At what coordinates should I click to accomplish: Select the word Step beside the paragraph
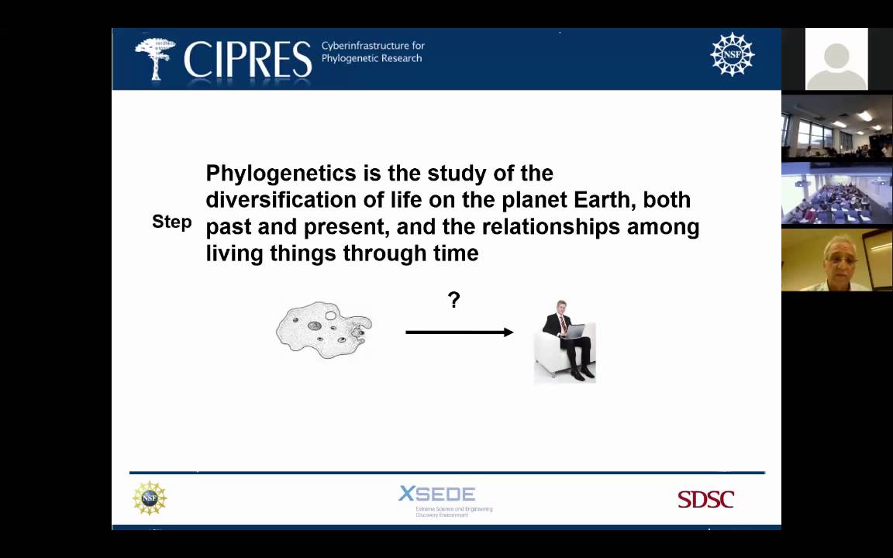pyautogui.click(x=171, y=222)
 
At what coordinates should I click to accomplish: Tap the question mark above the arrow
pyautogui.click(x=454, y=300)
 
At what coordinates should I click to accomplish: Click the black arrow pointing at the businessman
pyautogui.click(x=459, y=332)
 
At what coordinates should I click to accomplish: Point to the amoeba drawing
pyautogui.click(x=324, y=330)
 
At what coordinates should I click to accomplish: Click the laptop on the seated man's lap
pyautogui.click(x=571, y=331)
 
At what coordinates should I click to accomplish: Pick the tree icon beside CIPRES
pyautogui.click(x=155, y=57)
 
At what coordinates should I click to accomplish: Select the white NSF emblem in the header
pyautogui.click(x=732, y=54)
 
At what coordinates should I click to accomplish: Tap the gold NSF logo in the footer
pyautogui.click(x=150, y=498)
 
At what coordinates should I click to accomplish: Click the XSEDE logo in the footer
pyautogui.click(x=437, y=494)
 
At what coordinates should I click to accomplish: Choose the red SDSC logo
pyautogui.click(x=705, y=499)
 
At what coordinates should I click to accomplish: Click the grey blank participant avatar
pyautogui.click(x=836, y=60)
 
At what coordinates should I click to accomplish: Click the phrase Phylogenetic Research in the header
pyautogui.click(x=372, y=59)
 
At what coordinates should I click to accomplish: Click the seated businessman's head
pyautogui.click(x=560, y=307)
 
